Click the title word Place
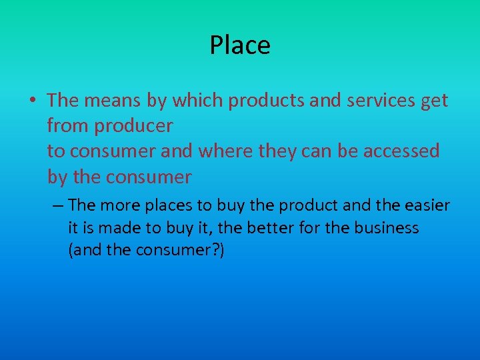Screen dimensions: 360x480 pos(240,45)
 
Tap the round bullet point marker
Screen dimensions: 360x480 pos(32,101)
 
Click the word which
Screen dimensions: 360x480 pos(198,101)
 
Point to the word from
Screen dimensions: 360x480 pos(65,127)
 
